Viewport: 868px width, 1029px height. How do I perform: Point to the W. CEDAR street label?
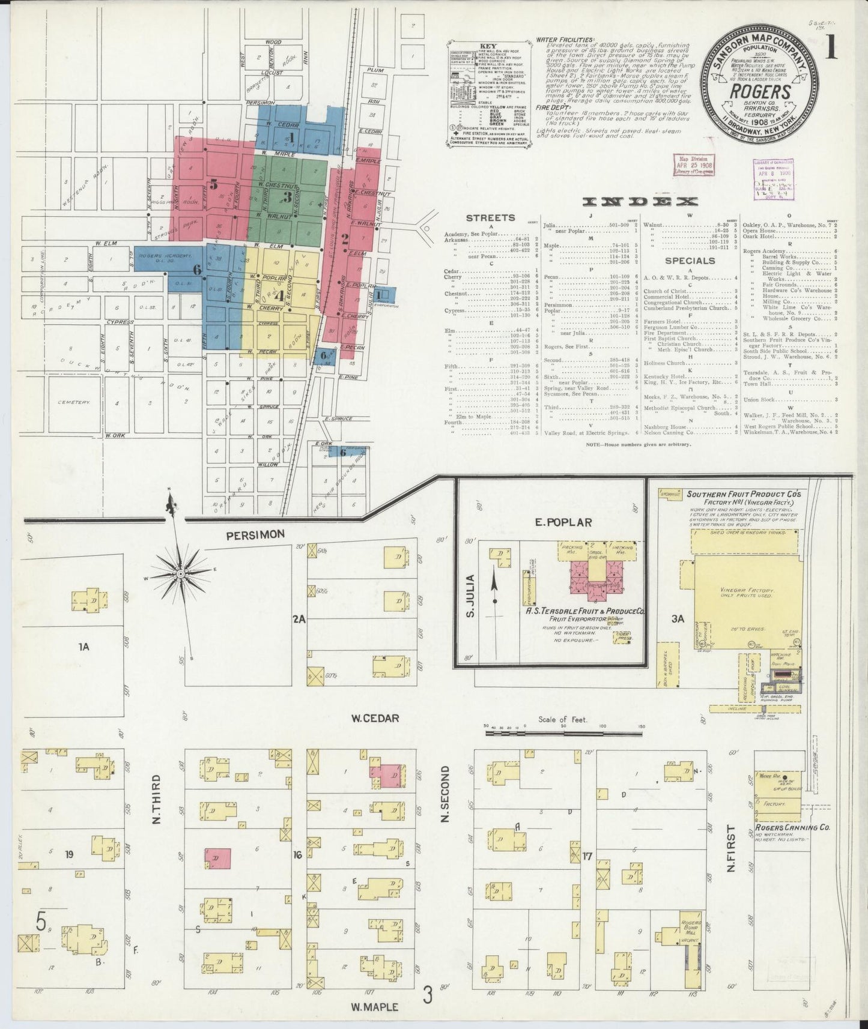(375, 718)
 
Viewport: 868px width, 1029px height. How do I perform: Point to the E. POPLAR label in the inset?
(556, 522)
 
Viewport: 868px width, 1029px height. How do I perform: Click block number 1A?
(83, 646)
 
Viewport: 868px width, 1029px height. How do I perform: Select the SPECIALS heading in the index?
(690, 261)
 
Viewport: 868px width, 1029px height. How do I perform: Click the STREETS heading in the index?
(490, 218)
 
